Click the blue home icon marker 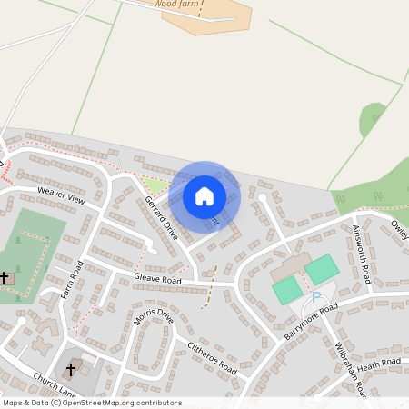(x=204, y=195)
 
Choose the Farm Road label (x=72, y=280)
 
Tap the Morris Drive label (x=153, y=316)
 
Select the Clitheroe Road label (x=211, y=360)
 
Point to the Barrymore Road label (x=311, y=322)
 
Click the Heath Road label (x=378, y=364)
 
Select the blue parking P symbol (x=316, y=297)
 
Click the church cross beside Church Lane (x=71, y=370)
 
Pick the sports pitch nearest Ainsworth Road (x=321, y=269)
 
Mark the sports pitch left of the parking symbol (x=287, y=291)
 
